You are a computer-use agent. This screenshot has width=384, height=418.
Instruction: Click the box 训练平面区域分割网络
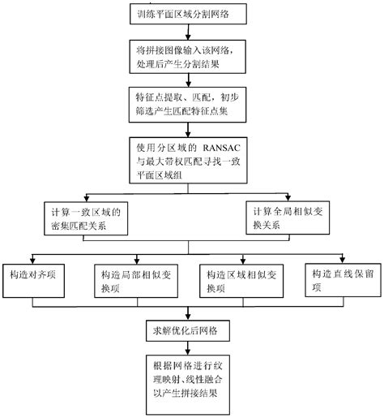coord(189,15)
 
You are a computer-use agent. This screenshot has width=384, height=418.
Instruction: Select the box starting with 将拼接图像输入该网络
coord(189,57)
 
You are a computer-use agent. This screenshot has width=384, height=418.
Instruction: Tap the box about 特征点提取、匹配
coord(189,105)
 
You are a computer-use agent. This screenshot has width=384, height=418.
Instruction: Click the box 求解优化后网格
coord(189,331)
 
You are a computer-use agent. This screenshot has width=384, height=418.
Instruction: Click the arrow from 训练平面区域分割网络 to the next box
coord(189,32)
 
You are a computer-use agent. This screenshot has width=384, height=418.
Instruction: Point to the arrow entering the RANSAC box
coord(189,130)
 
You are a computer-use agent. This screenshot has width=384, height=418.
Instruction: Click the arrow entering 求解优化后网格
coord(189,315)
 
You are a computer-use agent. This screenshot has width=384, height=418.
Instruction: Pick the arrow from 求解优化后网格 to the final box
coord(189,347)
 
